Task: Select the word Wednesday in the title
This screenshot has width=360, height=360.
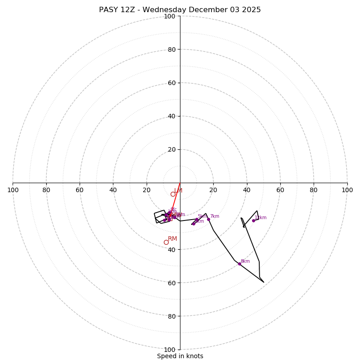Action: coord(162,10)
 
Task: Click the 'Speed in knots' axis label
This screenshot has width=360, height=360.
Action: coord(180,356)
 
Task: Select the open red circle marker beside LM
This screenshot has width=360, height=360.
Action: coord(173,194)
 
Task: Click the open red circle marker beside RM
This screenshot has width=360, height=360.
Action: coord(166,242)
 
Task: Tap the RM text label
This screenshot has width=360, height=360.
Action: coord(172,238)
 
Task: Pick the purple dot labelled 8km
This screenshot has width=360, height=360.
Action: coord(239,264)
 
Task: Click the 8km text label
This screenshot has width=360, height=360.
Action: coord(245,261)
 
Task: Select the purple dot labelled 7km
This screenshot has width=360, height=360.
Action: coord(208,220)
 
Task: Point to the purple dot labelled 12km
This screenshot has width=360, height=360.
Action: coord(253,220)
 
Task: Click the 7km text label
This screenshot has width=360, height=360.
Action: coord(215,216)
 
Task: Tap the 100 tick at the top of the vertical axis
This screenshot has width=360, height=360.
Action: coord(170,16)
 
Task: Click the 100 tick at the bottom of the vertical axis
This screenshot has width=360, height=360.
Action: coord(170,349)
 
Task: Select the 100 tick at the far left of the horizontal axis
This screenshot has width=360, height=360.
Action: coord(13,190)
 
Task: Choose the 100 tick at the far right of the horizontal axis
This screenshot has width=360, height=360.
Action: coord(347,190)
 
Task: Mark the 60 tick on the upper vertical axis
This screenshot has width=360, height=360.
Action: coord(171,83)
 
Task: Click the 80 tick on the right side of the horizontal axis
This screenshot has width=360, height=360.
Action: coord(314,190)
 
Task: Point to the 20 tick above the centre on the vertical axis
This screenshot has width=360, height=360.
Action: coord(171,149)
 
